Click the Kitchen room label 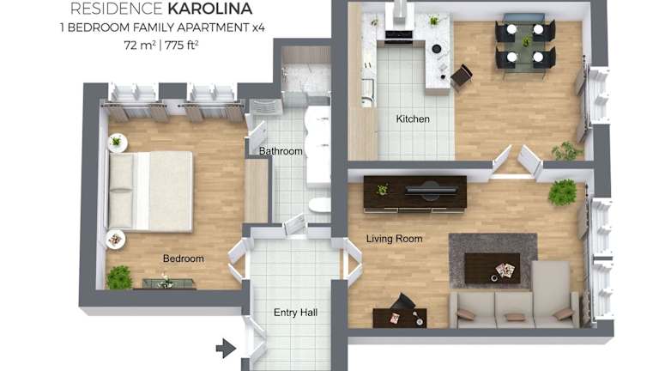point(413,119)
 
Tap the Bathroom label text point(281,151)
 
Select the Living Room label point(394,239)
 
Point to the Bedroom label point(184,258)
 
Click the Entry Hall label point(295,313)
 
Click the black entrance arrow point(226,349)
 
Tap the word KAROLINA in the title point(209,9)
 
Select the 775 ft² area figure point(182,45)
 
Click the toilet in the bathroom point(320,205)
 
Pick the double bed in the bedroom point(151,191)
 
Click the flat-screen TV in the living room point(431,191)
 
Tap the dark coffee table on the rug point(493,268)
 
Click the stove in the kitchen point(398,37)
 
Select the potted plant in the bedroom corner point(119,277)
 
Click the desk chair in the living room point(402,302)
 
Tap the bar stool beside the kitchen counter point(462,76)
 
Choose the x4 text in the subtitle point(258,27)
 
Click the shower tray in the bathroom point(305,78)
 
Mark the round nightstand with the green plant point(118,143)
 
